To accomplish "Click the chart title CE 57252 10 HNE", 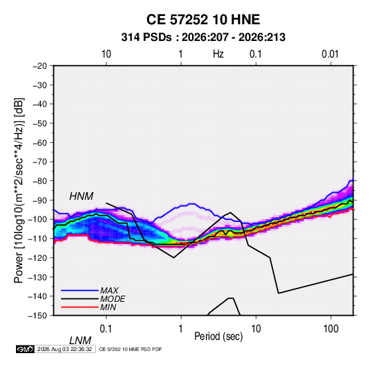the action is [x=203, y=19].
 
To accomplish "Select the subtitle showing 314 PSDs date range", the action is [x=203, y=37].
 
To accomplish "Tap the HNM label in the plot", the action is [x=81, y=196].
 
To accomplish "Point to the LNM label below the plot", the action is [x=80, y=341].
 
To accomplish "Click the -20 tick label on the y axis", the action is [x=40, y=66].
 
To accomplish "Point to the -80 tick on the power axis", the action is [x=40, y=181].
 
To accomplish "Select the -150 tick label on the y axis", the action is [x=37, y=316].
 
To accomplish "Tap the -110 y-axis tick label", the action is [x=37, y=239].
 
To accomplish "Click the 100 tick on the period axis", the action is [x=331, y=329].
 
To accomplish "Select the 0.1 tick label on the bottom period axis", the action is [x=106, y=329].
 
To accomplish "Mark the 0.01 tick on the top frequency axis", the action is [x=330, y=54].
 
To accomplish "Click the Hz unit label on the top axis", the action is [x=218, y=54].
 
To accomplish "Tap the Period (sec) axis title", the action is [x=218, y=336].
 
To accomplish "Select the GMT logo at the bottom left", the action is [x=26, y=349].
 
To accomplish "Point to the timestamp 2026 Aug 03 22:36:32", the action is [x=64, y=349].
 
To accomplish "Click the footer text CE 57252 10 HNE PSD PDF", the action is [x=130, y=349].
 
